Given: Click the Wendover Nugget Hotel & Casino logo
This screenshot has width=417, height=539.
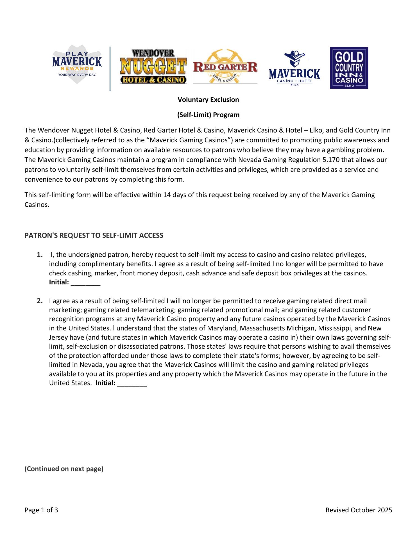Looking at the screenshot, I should click(x=153, y=67).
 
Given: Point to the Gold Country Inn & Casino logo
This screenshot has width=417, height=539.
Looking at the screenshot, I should click(x=349, y=68).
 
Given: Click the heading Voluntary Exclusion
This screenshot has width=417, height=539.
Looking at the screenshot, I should click(x=208, y=100).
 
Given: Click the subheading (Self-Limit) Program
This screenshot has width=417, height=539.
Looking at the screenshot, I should click(x=208, y=115).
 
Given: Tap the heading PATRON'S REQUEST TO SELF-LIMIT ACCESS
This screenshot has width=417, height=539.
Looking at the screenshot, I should click(x=94, y=236).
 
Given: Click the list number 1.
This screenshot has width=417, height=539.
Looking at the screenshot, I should click(x=40, y=255).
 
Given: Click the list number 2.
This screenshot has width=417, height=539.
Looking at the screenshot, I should click(x=40, y=301).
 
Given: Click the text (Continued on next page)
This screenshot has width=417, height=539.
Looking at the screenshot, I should click(x=64, y=469).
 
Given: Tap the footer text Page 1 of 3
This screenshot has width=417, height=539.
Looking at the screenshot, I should click(x=41, y=510).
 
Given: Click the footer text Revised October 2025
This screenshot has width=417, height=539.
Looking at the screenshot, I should click(x=359, y=510).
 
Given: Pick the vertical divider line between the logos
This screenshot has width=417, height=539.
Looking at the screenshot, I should click(x=110, y=68).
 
